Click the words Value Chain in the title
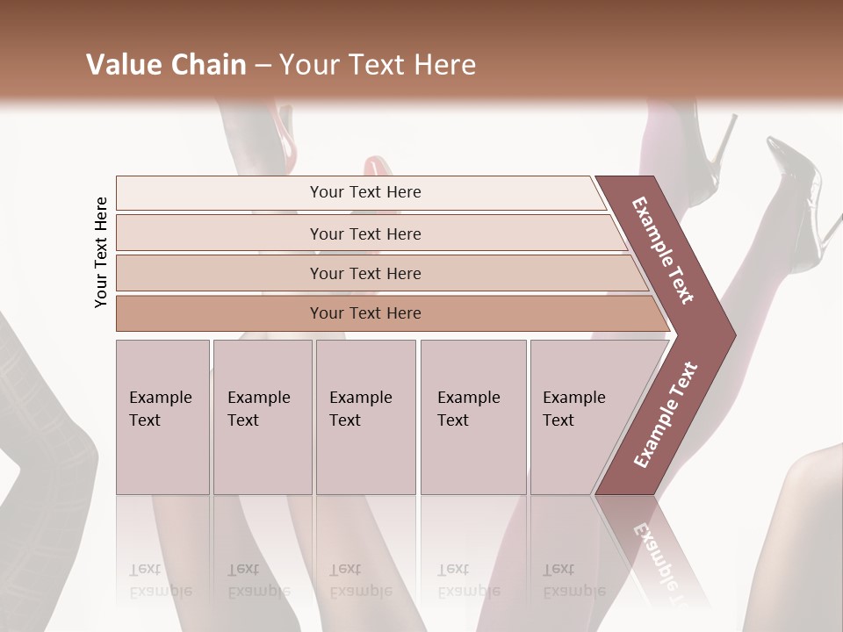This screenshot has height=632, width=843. [x=166, y=65]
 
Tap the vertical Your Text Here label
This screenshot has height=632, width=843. [x=101, y=252]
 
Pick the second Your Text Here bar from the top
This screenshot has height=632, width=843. [x=365, y=233]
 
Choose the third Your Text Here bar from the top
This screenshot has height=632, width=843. [x=365, y=273]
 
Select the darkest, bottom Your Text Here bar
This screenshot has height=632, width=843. [x=365, y=313]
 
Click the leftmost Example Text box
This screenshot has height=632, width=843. [x=162, y=417]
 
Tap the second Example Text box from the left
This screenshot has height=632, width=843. [x=262, y=417]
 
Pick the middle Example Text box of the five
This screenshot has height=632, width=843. [x=365, y=417]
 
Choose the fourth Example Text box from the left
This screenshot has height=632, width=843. [x=472, y=417]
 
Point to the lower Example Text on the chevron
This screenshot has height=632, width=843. [x=666, y=414]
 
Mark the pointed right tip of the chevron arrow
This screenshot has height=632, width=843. [x=733, y=335]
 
